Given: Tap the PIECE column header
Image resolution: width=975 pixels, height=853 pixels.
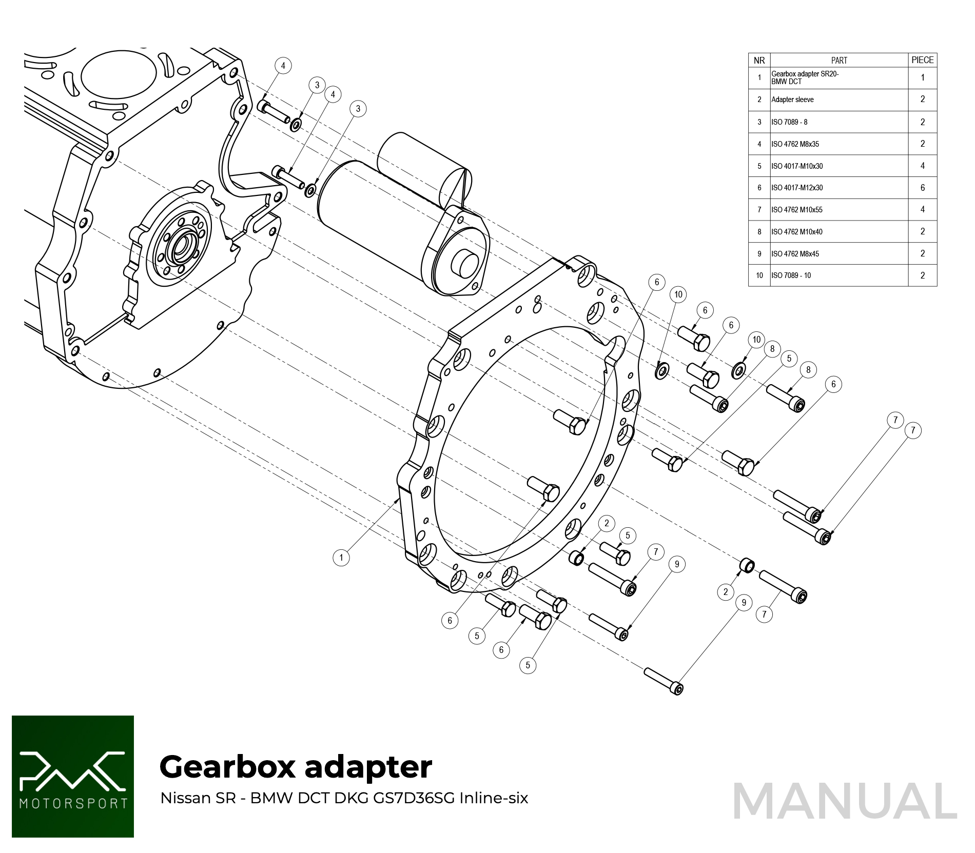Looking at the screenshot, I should point(922,60).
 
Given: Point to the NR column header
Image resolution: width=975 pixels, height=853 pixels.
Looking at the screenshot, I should point(759,61).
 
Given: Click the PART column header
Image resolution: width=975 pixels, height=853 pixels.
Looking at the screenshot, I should point(839,61).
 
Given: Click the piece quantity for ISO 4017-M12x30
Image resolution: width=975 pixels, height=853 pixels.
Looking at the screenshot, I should point(922,188).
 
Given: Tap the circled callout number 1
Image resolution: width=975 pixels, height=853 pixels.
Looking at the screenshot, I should point(341,558).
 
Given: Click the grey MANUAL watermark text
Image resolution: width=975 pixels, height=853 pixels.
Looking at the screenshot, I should point(845,801).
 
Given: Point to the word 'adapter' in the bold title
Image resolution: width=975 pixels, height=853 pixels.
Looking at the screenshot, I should point(368,768).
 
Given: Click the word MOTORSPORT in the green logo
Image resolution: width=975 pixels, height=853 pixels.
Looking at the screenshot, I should point(73,803).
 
